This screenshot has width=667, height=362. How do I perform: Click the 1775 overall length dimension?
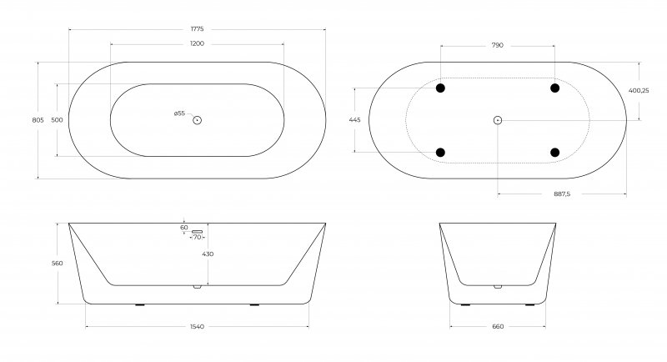point(197,29)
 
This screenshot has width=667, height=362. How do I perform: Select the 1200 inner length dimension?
point(197,43)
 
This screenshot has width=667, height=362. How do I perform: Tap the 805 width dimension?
point(38,120)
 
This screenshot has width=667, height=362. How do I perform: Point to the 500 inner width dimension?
point(57,120)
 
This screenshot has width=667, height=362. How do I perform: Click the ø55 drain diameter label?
point(179,113)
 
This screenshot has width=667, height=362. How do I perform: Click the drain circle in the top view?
point(197,120)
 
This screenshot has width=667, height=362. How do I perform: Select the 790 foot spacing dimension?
point(497,45)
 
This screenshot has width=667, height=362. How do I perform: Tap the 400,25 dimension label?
point(639,90)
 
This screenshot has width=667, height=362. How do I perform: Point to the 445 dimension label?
point(355,120)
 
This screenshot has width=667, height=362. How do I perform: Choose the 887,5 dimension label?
point(562,194)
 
